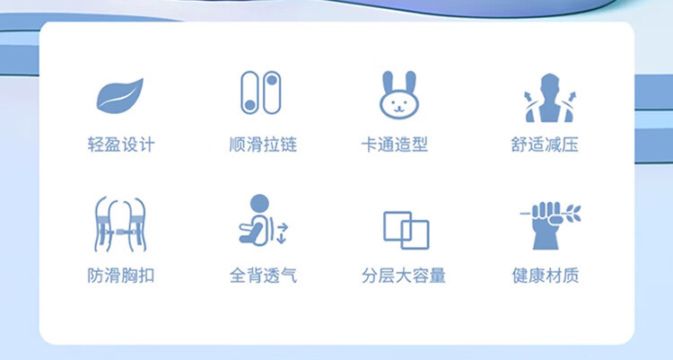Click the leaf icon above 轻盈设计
[119, 96]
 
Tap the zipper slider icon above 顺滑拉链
[260, 92]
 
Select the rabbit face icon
[398, 95]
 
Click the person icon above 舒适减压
[550, 98]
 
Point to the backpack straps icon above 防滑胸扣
[120, 224]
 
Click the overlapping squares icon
[406, 230]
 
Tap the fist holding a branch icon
[550, 225]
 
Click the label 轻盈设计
[121, 145]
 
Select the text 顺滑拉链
[263, 145]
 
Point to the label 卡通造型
[395, 145]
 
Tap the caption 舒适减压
[545, 145]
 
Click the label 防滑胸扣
[121, 276]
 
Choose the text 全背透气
[263, 276]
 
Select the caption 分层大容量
[404, 276]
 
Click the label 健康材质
[545, 276]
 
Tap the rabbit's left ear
[388, 82]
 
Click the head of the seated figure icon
[259, 204]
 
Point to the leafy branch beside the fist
[572, 214]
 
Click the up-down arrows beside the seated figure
[281, 233]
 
